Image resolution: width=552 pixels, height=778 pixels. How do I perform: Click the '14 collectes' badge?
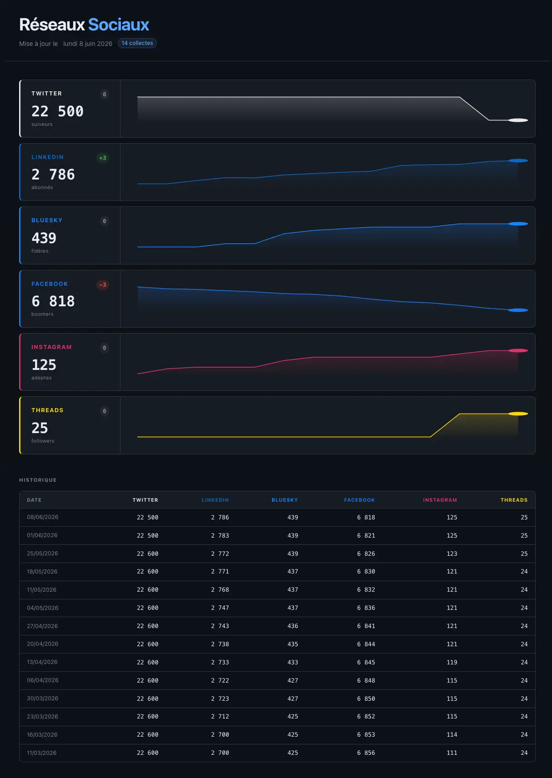point(137,43)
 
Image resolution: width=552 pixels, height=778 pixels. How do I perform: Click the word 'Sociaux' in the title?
point(119,25)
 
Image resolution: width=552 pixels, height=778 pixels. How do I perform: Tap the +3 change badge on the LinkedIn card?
point(103,158)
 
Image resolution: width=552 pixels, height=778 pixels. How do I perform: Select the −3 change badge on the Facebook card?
point(103,285)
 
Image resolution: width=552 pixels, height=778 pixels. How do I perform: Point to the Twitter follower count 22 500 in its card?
point(57,111)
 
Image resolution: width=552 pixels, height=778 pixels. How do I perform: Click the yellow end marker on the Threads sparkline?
point(518,414)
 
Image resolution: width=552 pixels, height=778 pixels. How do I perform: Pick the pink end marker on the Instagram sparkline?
point(518,350)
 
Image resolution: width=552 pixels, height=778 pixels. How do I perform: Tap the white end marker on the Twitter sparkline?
point(518,120)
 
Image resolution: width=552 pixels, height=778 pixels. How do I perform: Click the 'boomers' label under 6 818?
point(42,314)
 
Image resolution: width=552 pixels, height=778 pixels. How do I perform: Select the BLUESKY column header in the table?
point(285,500)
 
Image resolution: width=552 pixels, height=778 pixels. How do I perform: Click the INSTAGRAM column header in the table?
point(440,500)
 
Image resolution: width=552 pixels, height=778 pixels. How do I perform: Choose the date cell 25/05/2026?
point(42,554)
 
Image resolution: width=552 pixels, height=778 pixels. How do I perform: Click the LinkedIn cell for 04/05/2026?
point(220,608)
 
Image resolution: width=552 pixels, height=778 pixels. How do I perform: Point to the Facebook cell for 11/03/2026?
point(366,753)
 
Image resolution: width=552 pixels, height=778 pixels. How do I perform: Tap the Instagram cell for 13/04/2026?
point(452,662)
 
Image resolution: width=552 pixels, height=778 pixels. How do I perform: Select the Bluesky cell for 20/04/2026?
point(293,644)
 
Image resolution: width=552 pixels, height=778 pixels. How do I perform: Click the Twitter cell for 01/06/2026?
point(147,536)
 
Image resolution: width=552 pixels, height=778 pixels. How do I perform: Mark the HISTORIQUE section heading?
point(38,480)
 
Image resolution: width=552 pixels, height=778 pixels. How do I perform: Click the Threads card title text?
point(47,410)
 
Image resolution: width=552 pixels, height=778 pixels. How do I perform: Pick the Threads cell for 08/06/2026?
point(524,517)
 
